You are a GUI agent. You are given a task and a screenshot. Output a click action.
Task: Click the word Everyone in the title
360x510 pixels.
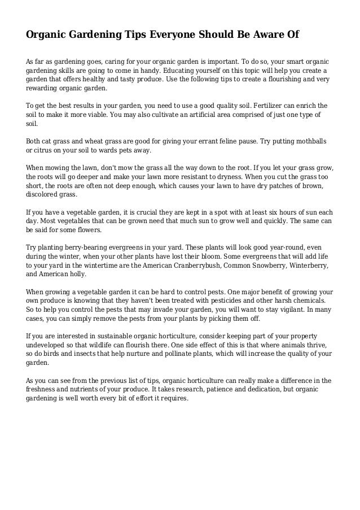tap(168, 35)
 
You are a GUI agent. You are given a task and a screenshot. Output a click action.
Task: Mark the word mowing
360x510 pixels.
tap(58, 168)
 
